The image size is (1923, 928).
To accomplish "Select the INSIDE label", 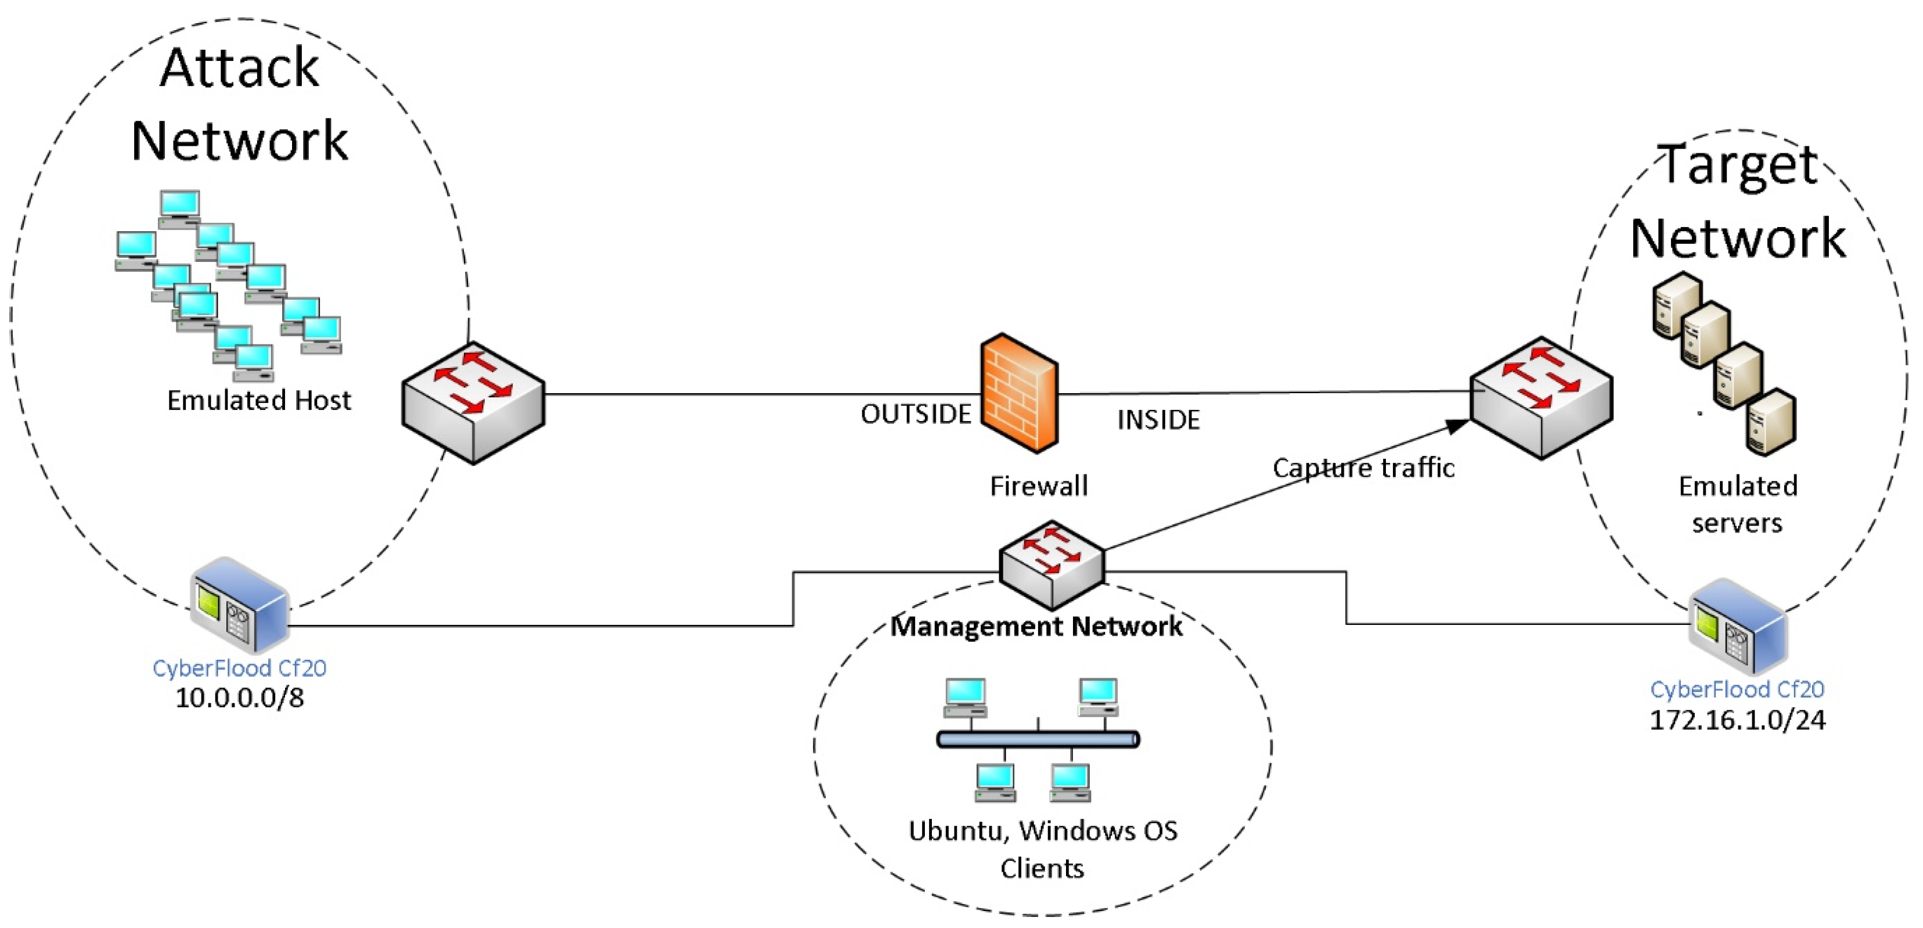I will pos(1158,420).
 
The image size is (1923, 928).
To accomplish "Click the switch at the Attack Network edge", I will pos(473,402).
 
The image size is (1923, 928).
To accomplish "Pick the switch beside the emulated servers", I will pos(1541,397).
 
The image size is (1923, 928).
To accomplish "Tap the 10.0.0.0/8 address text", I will pos(240,698).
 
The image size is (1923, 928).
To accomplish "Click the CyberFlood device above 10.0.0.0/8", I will pos(239,605).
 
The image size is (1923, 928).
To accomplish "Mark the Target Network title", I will pos(1738,202).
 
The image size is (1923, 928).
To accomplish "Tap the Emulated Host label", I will pos(258,401).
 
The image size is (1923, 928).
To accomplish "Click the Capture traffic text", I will pos(1363,468).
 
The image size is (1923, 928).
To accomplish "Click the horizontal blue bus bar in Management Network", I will pos(1038,739).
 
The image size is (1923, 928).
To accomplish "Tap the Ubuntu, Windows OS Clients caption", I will pos(1042,849).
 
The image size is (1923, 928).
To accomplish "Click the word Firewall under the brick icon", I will pos(1038,487).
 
